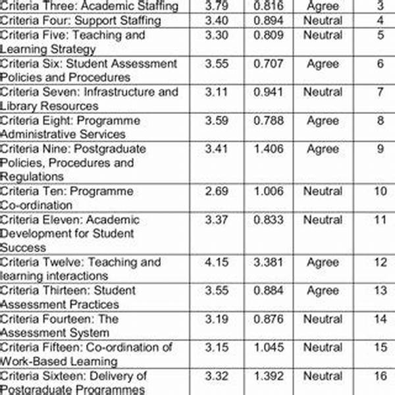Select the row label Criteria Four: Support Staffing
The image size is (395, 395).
click(x=81, y=20)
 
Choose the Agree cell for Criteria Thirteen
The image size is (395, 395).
click(x=323, y=290)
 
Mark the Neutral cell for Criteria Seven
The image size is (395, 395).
click(x=323, y=92)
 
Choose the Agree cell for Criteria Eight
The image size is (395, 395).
click(x=323, y=120)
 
